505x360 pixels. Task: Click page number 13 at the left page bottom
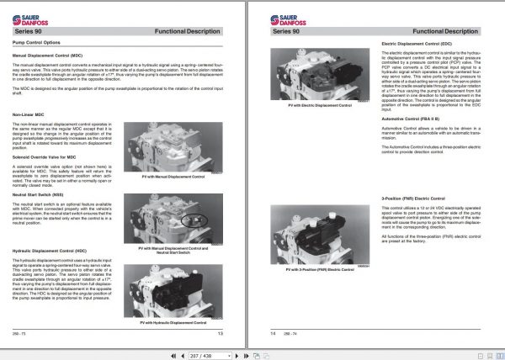click(x=220, y=334)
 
